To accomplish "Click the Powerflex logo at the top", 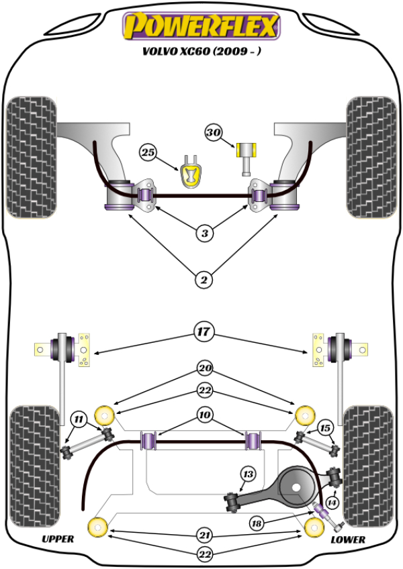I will (201, 25).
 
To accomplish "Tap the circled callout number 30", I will (214, 133).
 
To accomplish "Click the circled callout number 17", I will (203, 331).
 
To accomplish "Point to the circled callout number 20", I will (204, 367).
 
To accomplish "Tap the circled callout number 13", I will (248, 474).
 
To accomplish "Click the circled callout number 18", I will (257, 524).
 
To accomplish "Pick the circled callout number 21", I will (204, 534).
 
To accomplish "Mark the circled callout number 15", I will (326, 427).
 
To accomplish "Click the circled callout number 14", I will (332, 502).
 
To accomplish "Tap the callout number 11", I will (79, 421).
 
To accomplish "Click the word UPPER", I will (58, 539).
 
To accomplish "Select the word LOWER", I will (348, 539).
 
